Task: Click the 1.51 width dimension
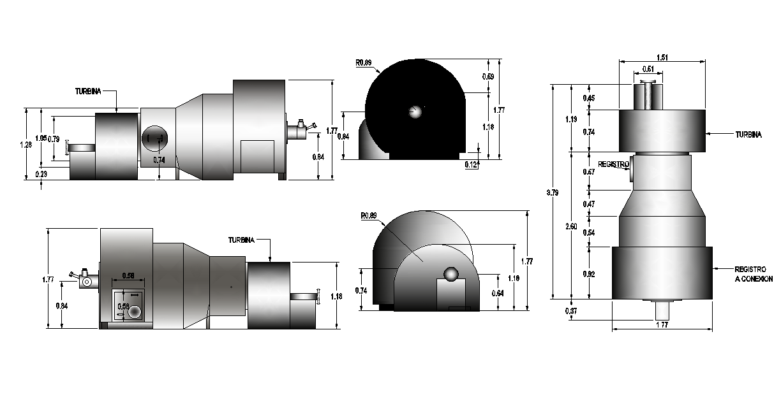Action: point(663,57)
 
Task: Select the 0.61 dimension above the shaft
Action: point(648,69)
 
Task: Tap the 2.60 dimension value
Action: point(572,226)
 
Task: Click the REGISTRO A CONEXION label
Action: point(753,274)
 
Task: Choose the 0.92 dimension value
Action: point(590,274)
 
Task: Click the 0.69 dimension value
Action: point(488,76)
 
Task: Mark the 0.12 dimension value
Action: point(471,165)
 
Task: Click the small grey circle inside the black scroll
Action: point(415,112)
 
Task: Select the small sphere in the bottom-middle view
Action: point(452,274)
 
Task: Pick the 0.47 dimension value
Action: point(590,204)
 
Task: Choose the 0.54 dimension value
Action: point(590,233)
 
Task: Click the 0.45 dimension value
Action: point(590,98)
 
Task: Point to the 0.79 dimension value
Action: point(55,139)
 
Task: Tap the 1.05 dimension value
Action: point(41,138)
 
